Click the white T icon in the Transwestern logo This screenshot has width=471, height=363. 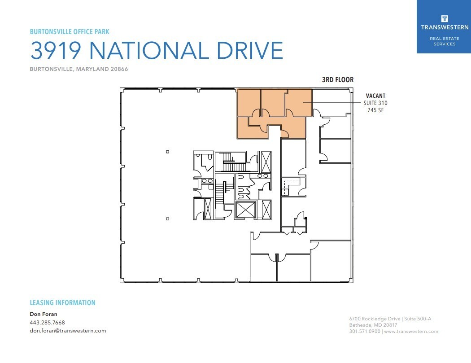444,18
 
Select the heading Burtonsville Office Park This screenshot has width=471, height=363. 70,32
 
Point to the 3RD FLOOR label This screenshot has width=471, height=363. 337,80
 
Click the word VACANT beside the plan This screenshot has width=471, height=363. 375,96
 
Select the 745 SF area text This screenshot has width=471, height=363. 375,110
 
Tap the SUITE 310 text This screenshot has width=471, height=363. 375,103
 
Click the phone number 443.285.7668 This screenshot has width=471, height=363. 47,323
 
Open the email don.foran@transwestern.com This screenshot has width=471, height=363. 68,331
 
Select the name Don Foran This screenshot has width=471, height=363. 44,314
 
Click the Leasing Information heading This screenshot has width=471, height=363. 62,303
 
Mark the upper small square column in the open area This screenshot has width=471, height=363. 167,152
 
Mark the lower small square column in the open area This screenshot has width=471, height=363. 167,219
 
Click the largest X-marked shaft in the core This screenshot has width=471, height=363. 244,210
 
